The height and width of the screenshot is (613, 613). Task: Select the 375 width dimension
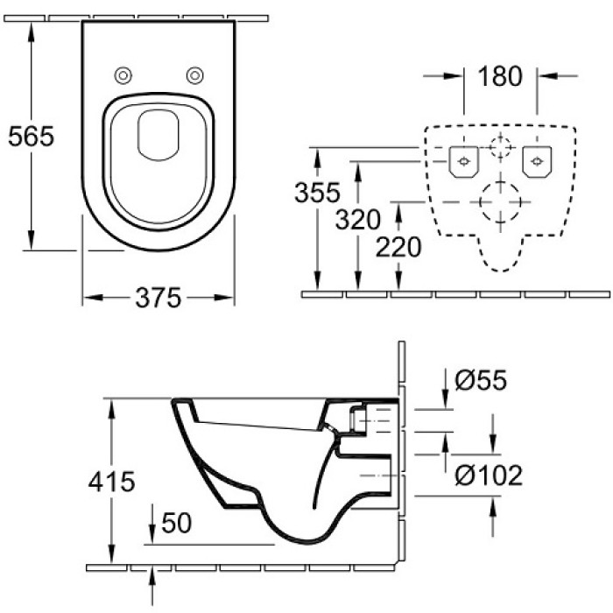click(x=159, y=299)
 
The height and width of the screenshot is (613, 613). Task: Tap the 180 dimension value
click(x=500, y=76)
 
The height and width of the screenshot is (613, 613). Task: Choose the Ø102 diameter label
click(x=490, y=476)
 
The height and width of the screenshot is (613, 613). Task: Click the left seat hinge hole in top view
click(x=124, y=74)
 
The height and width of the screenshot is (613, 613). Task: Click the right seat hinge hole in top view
click(x=194, y=74)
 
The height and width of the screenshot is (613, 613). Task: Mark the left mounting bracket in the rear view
click(x=462, y=159)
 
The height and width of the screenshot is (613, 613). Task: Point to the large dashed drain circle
click(x=499, y=202)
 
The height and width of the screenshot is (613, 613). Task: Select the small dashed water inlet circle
click(x=499, y=147)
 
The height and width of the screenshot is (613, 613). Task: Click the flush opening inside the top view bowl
click(x=159, y=136)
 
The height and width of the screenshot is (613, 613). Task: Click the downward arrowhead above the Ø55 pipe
click(x=444, y=400)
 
